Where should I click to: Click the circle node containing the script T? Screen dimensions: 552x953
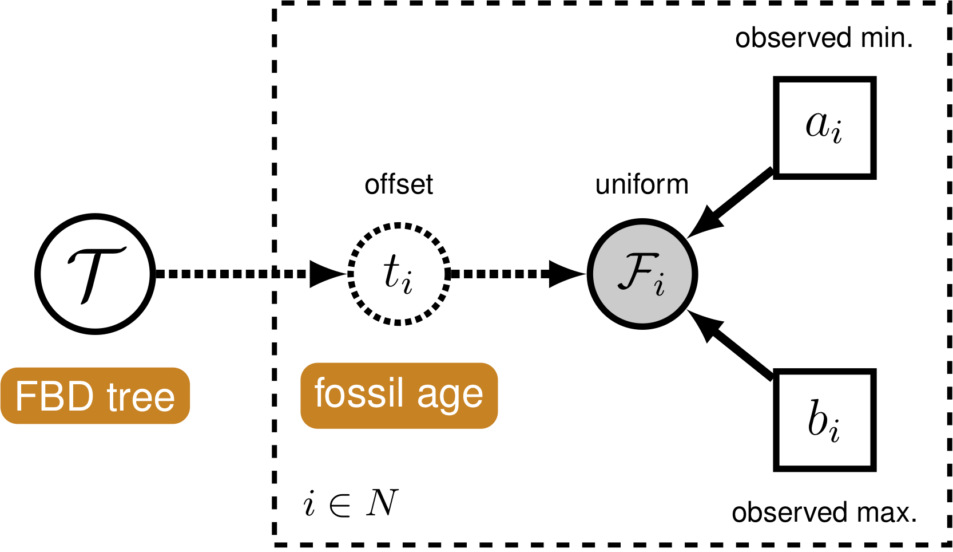pos(95,274)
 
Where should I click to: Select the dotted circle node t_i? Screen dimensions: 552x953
pos(399,274)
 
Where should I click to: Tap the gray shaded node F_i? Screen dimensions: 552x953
pos(642,274)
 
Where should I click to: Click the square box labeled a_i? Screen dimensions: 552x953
pos(824,128)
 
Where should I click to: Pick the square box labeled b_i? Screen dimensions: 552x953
pos(824,420)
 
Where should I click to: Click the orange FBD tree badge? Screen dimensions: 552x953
pos(95,396)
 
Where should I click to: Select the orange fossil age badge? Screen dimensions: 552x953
pos(399,395)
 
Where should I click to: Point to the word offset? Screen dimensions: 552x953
pos(399,185)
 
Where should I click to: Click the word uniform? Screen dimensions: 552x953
pos(642,185)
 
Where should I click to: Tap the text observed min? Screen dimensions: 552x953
pos(824,38)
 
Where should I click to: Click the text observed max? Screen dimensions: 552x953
pos(824,512)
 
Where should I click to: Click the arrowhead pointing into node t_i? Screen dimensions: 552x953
pos(327,274)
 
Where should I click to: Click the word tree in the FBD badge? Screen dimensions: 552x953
pos(141,396)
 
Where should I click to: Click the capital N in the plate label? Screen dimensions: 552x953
pos(382,503)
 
